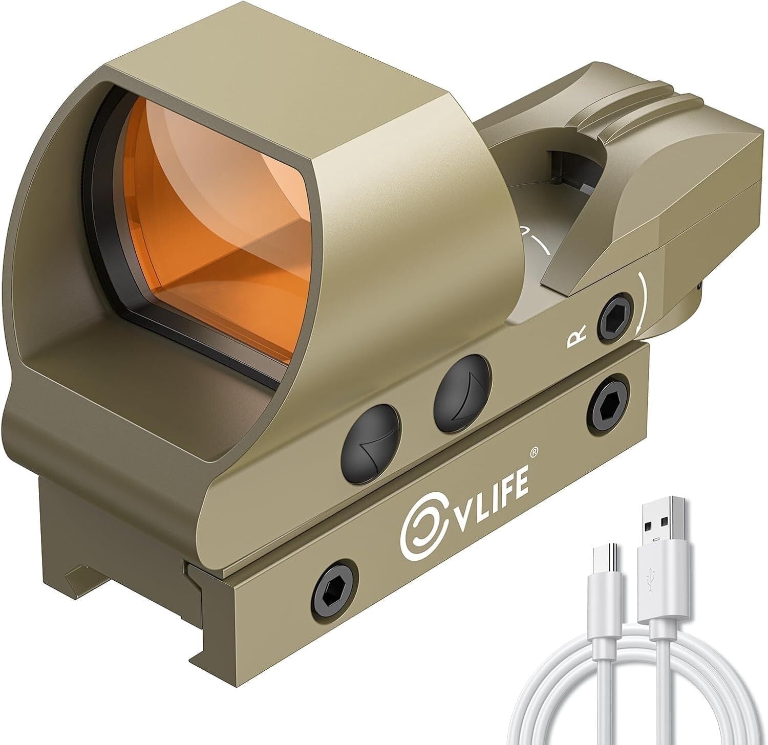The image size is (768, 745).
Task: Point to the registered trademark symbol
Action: click(533, 451)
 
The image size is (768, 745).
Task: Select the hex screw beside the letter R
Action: click(616, 314)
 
